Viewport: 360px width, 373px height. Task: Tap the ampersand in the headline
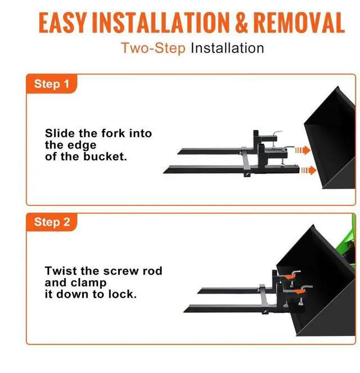[238, 23]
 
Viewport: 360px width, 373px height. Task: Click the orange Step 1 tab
[52, 84]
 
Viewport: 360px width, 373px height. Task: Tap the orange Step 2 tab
[52, 222]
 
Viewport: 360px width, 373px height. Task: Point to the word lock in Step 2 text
[121, 294]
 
